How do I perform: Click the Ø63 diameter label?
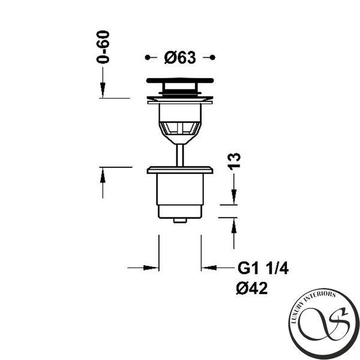[x=180, y=58]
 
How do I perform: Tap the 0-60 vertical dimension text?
[x=103, y=47]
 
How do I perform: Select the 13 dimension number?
[x=234, y=161]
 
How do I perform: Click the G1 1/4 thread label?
[x=263, y=268]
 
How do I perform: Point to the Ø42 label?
[x=252, y=288]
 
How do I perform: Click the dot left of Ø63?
[x=148, y=58]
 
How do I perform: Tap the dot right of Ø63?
[x=212, y=58]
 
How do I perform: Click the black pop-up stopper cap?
[x=180, y=80]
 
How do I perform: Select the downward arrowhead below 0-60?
[x=103, y=90]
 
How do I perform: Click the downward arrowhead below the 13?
[x=234, y=197]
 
